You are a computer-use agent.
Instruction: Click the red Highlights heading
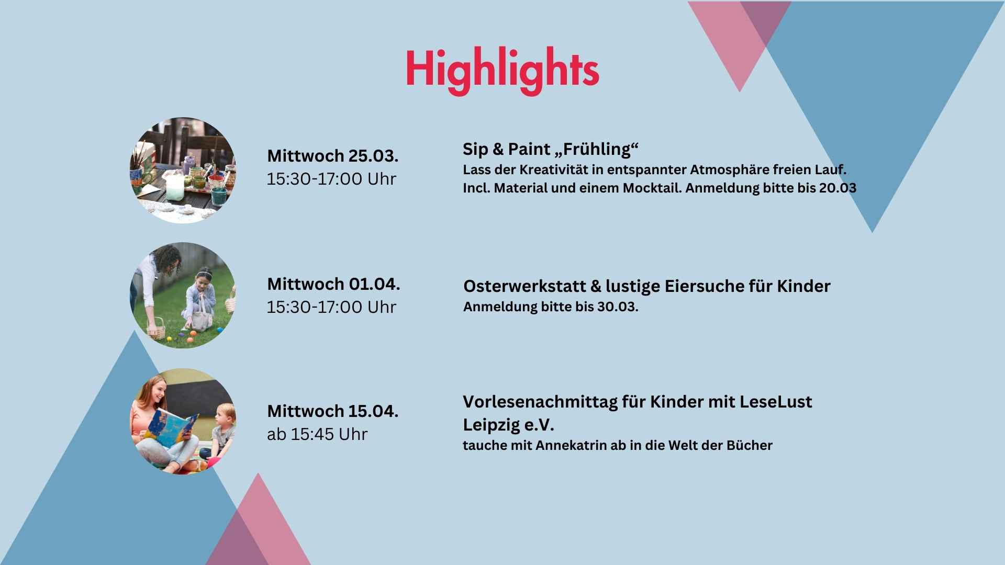pyautogui.click(x=502, y=71)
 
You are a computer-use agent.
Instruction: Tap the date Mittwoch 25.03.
pyautogui.click(x=333, y=156)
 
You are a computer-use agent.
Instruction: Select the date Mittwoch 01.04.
pyautogui.click(x=333, y=284)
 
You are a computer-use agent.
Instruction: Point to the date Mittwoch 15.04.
pyautogui.click(x=333, y=411)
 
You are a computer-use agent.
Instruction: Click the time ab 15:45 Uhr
pyautogui.click(x=317, y=434)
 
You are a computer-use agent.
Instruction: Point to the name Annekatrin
pyautogui.click(x=571, y=445)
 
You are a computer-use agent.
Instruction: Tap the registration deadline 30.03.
pyautogui.click(x=618, y=307)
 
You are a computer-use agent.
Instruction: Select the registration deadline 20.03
pyautogui.click(x=837, y=188)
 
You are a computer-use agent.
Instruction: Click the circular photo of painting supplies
pyautogui.click(x=183, y=170)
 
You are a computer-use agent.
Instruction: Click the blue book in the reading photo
pyautogui.click(x=172, y=428)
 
